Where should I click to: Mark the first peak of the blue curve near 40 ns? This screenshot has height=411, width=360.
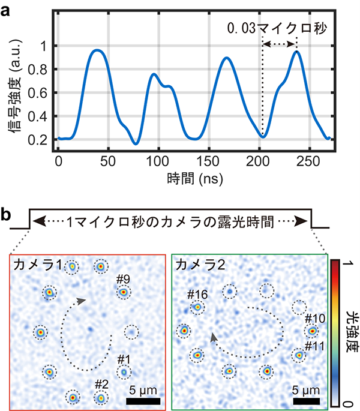(97, 50)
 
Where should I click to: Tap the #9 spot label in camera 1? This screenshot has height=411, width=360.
(124, 279)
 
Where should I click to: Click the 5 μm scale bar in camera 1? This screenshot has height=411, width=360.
(143, 400)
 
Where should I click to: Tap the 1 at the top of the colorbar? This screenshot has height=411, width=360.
(350, 264)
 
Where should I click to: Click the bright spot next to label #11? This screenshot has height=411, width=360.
(298, 356)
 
